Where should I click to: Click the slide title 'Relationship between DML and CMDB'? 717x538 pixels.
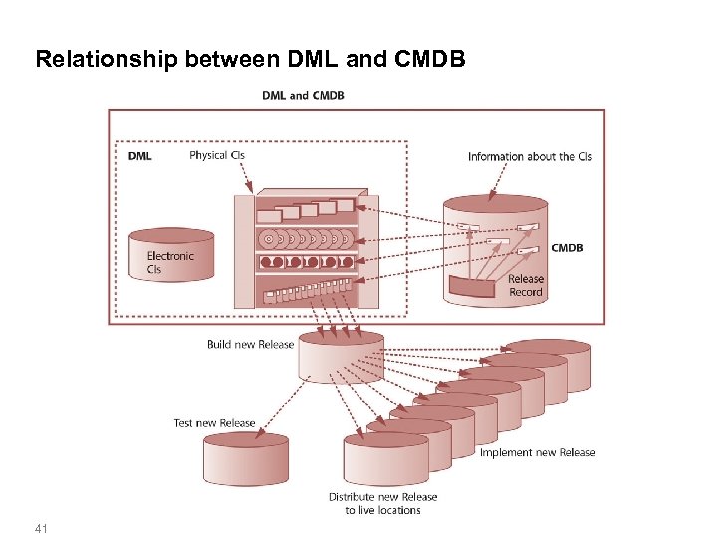pyautogui.click(x=249, y=59)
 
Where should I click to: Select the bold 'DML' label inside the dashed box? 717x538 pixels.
pyautogui.click(x=140, y=156)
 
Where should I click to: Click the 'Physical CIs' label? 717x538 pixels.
pyautogui.click(x=216, y=155)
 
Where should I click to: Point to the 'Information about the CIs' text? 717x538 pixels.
pyautogui.click(x=529, y=156)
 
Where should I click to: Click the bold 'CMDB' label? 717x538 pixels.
pyautogui.click(x=567, y=247)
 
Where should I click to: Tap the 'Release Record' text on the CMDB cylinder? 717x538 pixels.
pyautogui.click(x=526, y=286)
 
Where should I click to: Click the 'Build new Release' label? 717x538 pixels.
pyautogui.click(x=250, y=345)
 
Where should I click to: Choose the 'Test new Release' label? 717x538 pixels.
pyautogui.click(x=214, y=423)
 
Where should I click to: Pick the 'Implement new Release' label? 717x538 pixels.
pyautogui.click(x=537, y=452)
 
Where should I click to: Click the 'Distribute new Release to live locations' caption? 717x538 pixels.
pyautogui.click(x=382, y=503)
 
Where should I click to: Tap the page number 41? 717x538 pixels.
pyautogui.click(x=41, y=527)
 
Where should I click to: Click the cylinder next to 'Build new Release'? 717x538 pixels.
pyautogui.click(x=341, y=357)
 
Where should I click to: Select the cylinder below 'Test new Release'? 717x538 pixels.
pyautogui.click(x=245, y=460)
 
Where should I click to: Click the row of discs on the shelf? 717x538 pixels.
pyautogui.click(x=305, y=239)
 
